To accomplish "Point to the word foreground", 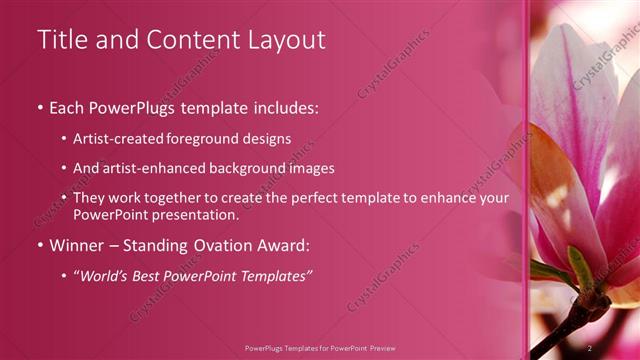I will point(220,139).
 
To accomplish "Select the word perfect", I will point(309,198).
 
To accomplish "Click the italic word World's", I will point(107,276).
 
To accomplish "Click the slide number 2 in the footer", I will point(590,348).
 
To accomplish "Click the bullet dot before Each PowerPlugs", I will point(40,107).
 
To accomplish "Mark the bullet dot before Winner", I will point(40,246).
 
